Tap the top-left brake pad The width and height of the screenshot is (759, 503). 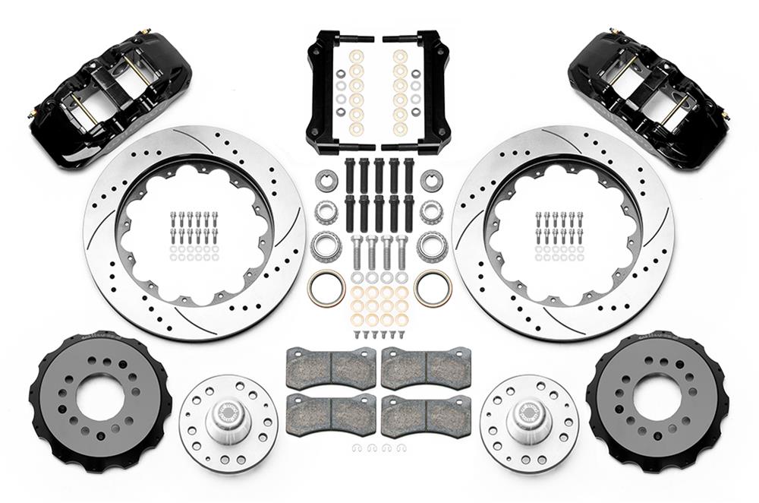(331, 368)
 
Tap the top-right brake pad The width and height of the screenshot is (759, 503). (426, 368)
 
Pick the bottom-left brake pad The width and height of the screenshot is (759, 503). (331, 414)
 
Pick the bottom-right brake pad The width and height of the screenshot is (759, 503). (426, 414)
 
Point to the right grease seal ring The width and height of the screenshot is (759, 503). (433, 288)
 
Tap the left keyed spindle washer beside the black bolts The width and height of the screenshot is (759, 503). (326, 182)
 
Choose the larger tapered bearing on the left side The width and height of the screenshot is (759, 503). (325, 245)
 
